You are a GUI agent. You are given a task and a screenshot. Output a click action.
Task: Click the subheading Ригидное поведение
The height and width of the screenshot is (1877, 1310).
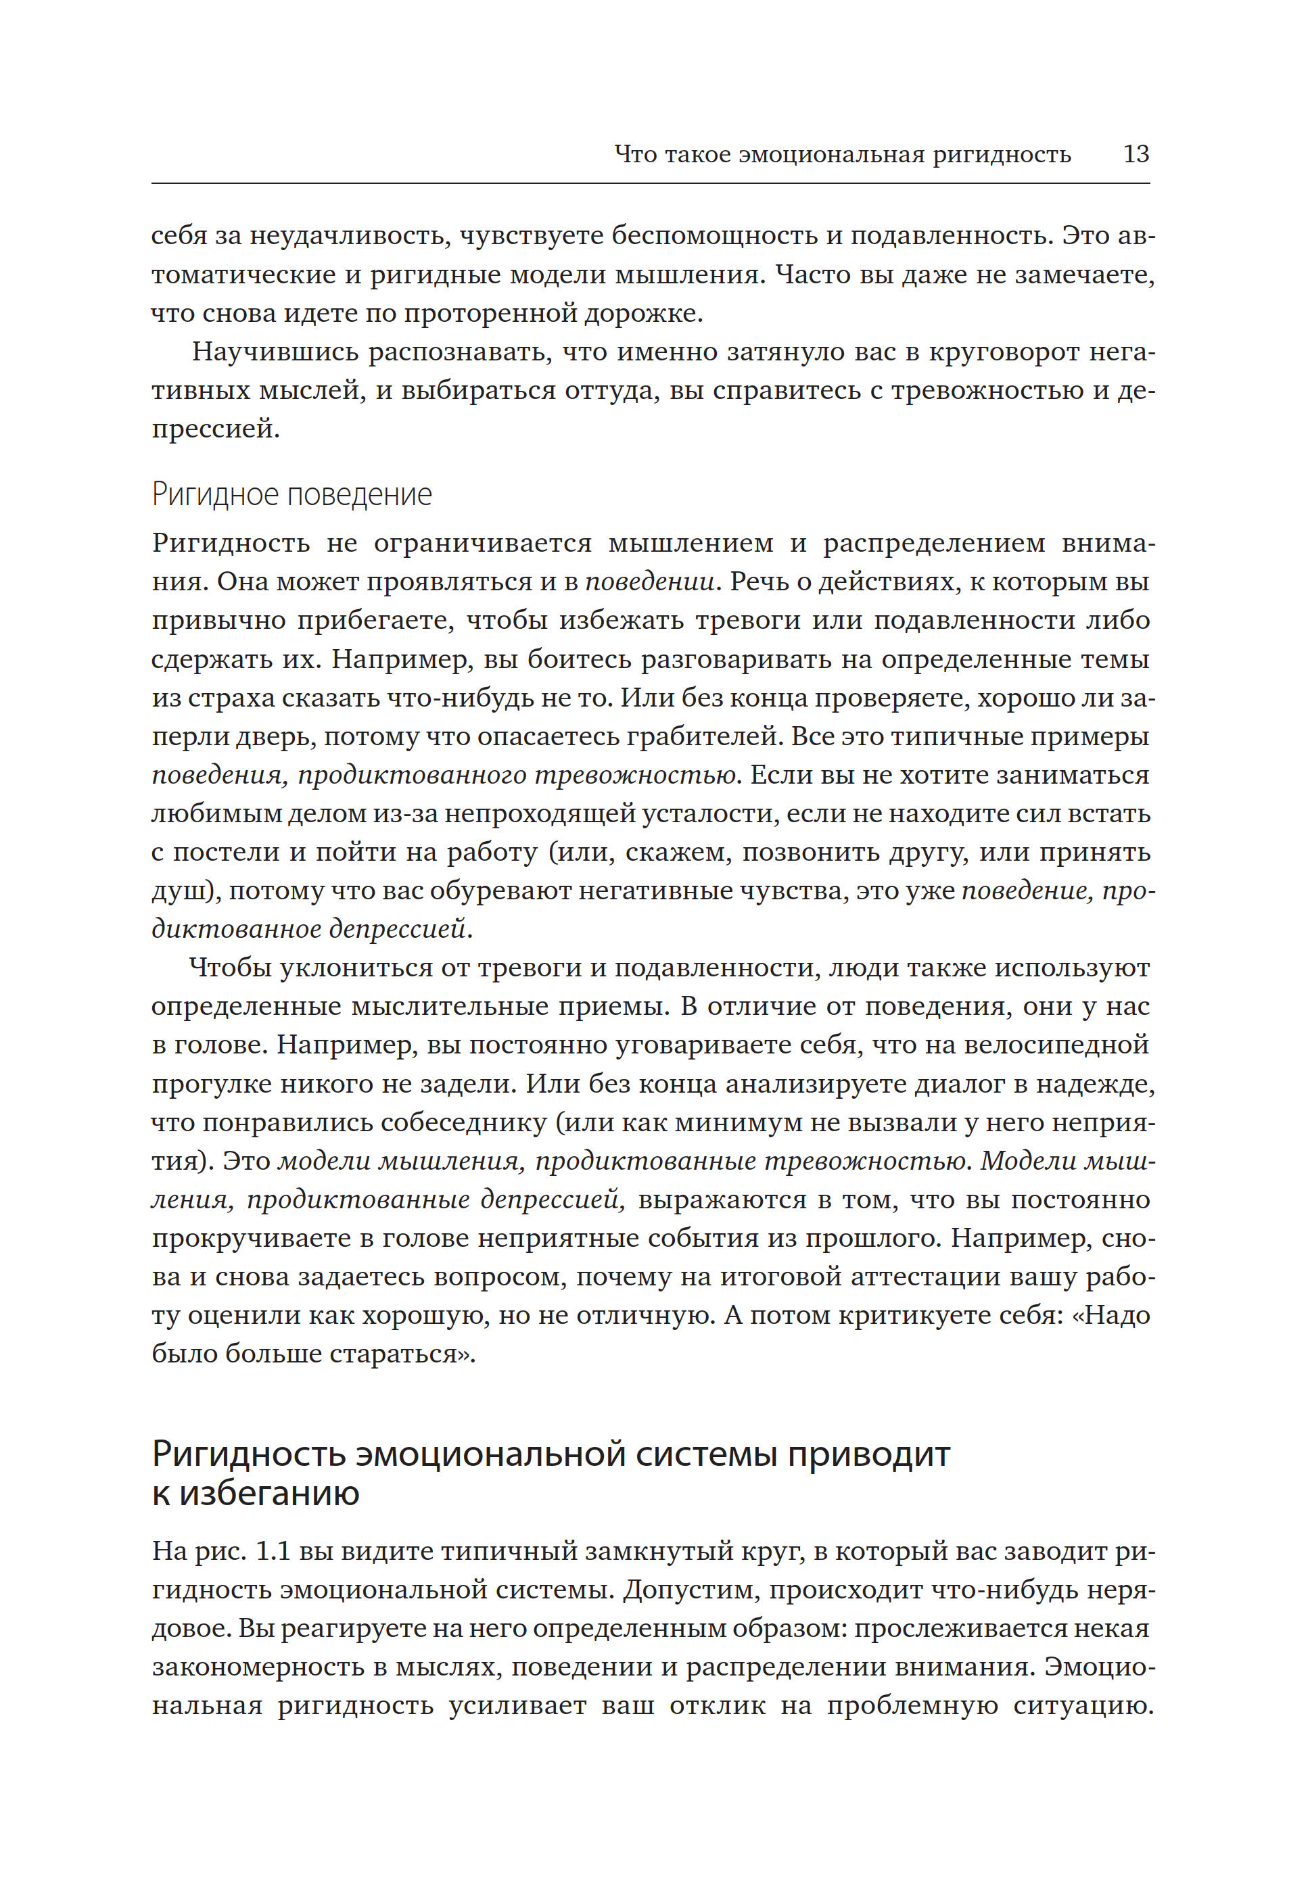(x=292, y=494)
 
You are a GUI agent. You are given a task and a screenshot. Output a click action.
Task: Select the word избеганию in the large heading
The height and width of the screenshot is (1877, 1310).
(x=269, y=1494)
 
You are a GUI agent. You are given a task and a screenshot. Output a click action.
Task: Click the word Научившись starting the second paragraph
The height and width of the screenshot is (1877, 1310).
(x=275, y=352)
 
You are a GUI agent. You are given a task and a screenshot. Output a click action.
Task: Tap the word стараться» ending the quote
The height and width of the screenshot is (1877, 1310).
(x=402, y=1354)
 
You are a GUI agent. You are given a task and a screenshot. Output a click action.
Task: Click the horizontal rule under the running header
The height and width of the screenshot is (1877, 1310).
(x=650, y=183)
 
